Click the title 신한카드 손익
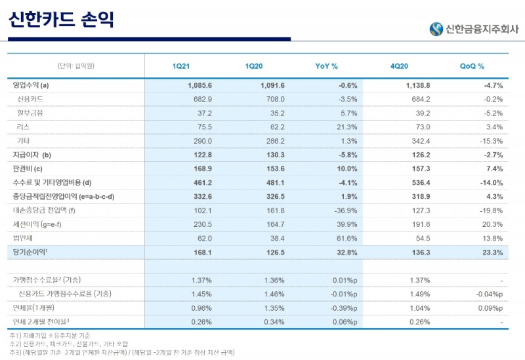[62, 20]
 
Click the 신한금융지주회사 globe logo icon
[436, 29]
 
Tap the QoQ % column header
[472, 66]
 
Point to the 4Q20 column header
[400, 66]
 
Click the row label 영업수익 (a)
[31, 85]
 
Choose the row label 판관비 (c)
[28, 169]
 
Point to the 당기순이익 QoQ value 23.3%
[490, 252]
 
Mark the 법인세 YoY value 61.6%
[345, 238]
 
